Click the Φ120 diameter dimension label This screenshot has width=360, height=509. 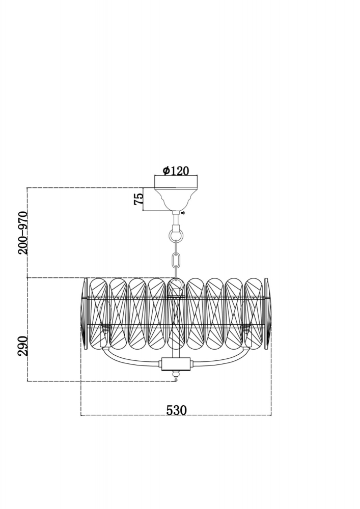coord(176,171)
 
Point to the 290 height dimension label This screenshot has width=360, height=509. coord(23,346)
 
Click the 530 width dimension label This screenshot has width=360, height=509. coord(176,410)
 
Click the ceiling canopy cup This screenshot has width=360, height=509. coord(176,199)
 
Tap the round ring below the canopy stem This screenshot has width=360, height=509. coord(176,235)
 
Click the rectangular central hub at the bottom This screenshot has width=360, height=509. coord(176,364)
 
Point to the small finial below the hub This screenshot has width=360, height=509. coord(176,377)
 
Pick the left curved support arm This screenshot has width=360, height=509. coord(130,359)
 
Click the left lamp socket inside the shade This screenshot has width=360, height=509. coord(106,330)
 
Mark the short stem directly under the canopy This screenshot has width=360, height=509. coord(176,220)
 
